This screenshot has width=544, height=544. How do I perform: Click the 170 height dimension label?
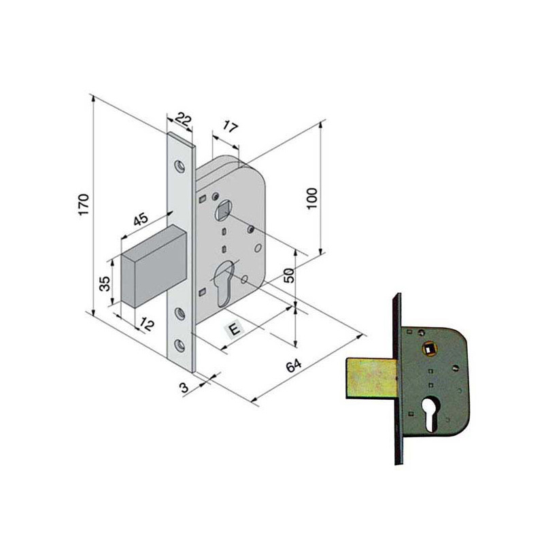pyautogui.click(x=84, y=205)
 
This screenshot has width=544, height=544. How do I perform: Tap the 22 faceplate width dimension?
pyautogui.click(x=183, y=119)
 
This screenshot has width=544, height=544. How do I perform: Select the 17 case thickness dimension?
pyautogui.click(x=229, y=127)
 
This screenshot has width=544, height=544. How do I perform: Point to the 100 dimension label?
pyautogui.click(x=312, y=198)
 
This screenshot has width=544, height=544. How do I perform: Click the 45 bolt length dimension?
pyautogui.click(x=141, y=219)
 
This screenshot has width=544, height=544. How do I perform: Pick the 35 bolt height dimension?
pyautogui.click(x=105, y=283)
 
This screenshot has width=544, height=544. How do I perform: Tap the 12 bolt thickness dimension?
pyautogui.click(x=146, y=324)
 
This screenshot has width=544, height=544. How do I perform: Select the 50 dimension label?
pyautogui.click(x=289, y=275)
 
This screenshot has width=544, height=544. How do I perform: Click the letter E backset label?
pyautogui.click(x=235, y=328)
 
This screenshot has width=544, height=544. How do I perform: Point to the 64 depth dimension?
pyautogui.click(x=294, y=365)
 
